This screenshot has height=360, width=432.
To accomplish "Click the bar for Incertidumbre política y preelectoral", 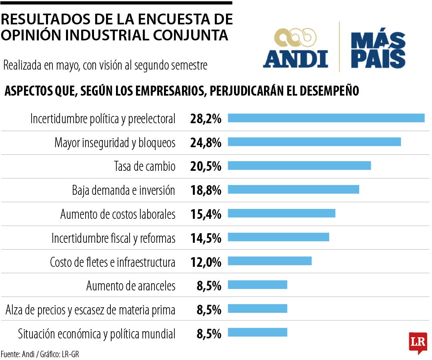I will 326,118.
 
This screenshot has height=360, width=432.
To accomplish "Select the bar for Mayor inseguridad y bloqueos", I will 314,142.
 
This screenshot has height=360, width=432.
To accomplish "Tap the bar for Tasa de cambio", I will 299,166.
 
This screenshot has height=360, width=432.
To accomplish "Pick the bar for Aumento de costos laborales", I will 281,213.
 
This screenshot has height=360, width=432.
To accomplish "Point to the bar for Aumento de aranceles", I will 257,285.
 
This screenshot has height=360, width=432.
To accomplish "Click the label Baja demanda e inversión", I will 124,190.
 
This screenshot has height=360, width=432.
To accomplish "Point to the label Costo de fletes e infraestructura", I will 112,262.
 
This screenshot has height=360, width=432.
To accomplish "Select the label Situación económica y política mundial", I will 96,334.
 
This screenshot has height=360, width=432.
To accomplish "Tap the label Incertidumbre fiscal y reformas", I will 113,238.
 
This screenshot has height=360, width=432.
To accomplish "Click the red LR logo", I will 418,342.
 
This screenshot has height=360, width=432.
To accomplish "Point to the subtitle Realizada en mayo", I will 105,66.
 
